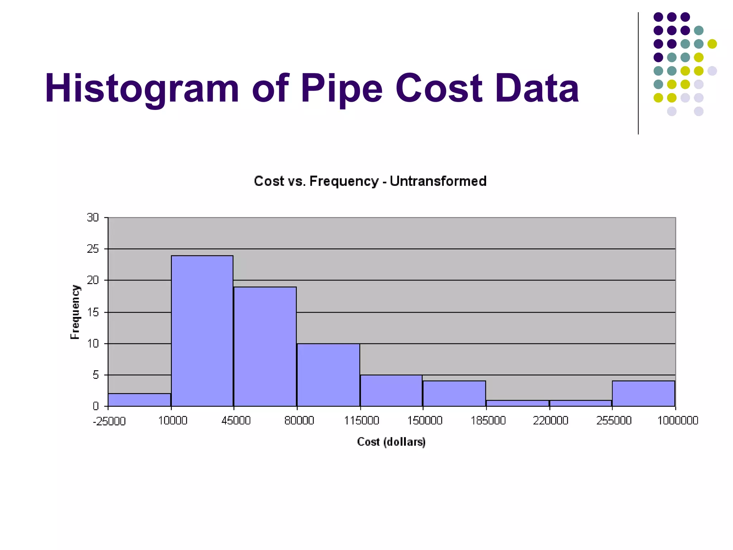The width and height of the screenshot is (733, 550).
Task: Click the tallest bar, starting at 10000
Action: click(x=202, y=331)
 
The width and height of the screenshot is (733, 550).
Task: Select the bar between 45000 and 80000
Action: click(x=265, y=347)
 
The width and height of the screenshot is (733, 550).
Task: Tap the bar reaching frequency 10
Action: click(x=328, y=375)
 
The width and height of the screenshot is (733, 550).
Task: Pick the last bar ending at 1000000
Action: click(x=643, y=394)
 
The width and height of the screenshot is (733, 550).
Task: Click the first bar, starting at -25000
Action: click(x=139, y=400)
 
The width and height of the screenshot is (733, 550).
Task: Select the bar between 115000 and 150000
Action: click(x=391, y=391)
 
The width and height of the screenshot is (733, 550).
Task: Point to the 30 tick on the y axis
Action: click(x=93, y=217)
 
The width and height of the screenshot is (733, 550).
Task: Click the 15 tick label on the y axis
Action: click(x=93, y=312)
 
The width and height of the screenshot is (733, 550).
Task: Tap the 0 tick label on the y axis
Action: click(x=96, y=406)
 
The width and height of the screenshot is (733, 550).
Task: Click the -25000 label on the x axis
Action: click(x=109, y=421)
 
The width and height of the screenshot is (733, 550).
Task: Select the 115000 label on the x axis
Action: click(x=361, y=420)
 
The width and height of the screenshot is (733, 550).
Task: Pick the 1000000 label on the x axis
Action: click(x=678, y=420)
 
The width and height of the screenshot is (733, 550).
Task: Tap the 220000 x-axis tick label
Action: click(x=550, y=420)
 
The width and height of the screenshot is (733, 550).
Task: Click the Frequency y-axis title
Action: click(x=75, y=312)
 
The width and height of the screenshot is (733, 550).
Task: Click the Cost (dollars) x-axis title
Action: click(x=391, y=442)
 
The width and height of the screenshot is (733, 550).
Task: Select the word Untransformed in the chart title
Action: click(x=438, y=181)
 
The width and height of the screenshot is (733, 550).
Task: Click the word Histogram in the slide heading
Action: click(x=142, y=88)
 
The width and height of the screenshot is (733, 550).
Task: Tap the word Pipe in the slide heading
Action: click(x=341, y=88)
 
